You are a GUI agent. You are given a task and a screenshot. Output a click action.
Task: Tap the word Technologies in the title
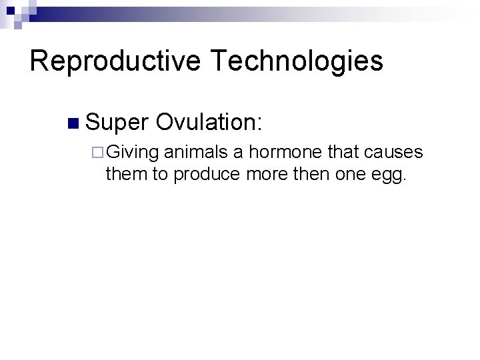(x=298, y=61)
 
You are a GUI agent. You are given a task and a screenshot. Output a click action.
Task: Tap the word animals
(x=197, y=153)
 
